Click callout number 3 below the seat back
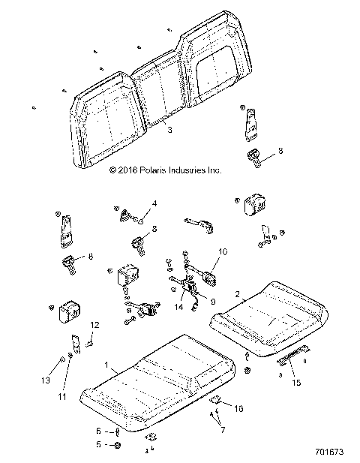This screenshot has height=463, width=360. (170, 131)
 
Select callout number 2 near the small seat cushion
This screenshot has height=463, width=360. (238, 294)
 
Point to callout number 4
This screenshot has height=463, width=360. (154, 203)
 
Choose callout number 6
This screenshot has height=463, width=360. (97, 431)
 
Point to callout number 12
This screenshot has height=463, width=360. (95, 324)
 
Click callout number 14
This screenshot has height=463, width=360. (178, 306)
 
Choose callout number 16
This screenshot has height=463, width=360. (239, 408)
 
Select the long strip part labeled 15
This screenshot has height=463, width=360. (294, 354)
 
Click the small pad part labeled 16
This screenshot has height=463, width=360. (215, 401)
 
